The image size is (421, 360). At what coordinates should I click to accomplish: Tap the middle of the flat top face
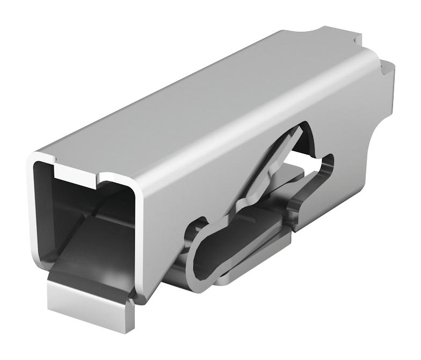[204, 102]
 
